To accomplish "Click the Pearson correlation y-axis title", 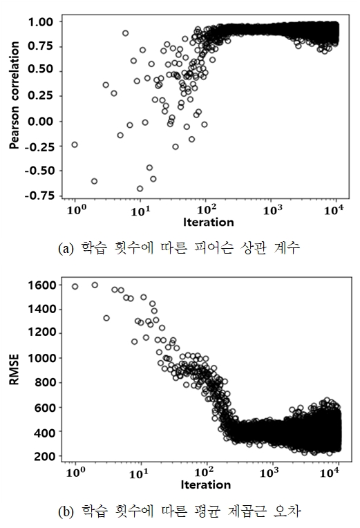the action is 14,95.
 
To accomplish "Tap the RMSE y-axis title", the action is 14,370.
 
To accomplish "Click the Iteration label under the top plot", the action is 209,223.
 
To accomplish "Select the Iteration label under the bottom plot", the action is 206,485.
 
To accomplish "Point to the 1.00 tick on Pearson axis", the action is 41,22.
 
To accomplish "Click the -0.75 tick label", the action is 39,196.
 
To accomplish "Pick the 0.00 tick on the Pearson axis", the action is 41,122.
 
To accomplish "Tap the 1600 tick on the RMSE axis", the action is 41,285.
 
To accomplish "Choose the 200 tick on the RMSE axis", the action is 45,457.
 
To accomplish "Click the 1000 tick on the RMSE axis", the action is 41,358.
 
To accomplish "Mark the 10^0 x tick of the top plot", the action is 77,211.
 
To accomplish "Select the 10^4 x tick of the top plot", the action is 334,211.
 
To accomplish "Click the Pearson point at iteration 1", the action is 75,145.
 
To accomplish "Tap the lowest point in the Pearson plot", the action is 140,189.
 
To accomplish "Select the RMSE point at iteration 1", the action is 75,287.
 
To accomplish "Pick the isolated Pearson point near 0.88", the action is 125,33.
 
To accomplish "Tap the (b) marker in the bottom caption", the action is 66,512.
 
